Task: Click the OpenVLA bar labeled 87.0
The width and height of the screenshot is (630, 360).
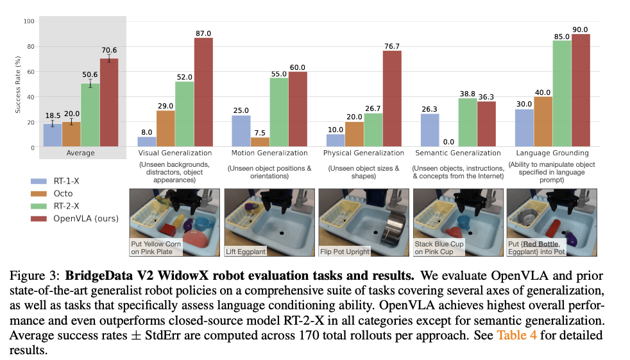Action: coord(203,92)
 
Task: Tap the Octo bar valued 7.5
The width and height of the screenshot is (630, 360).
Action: coord(260,142)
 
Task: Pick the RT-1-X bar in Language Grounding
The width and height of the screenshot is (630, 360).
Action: coord(524,128)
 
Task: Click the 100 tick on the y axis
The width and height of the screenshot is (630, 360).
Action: coord(28,21)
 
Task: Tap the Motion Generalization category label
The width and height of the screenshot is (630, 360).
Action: coord(269,153)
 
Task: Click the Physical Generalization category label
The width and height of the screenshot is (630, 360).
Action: coord(364,153)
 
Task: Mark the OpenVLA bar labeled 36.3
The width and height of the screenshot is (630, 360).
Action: coord(486,124)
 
